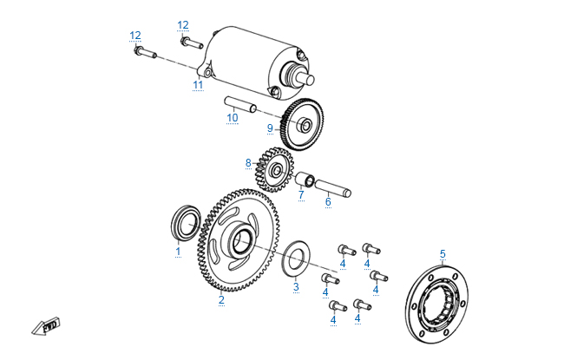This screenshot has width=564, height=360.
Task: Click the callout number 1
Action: click(178, 252)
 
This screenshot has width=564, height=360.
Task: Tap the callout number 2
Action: click(221, 300)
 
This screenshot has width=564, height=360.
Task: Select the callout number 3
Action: click(296, 286)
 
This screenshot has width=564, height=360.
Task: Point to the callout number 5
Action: click(443, 254)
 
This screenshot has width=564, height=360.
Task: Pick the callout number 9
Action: click(270, 128)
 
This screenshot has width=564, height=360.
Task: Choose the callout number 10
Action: click(233, 118)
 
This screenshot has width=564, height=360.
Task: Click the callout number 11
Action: click(198, 85)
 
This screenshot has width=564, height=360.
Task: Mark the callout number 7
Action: click(301, 194)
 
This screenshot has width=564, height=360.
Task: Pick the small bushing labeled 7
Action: click(305, 181)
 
